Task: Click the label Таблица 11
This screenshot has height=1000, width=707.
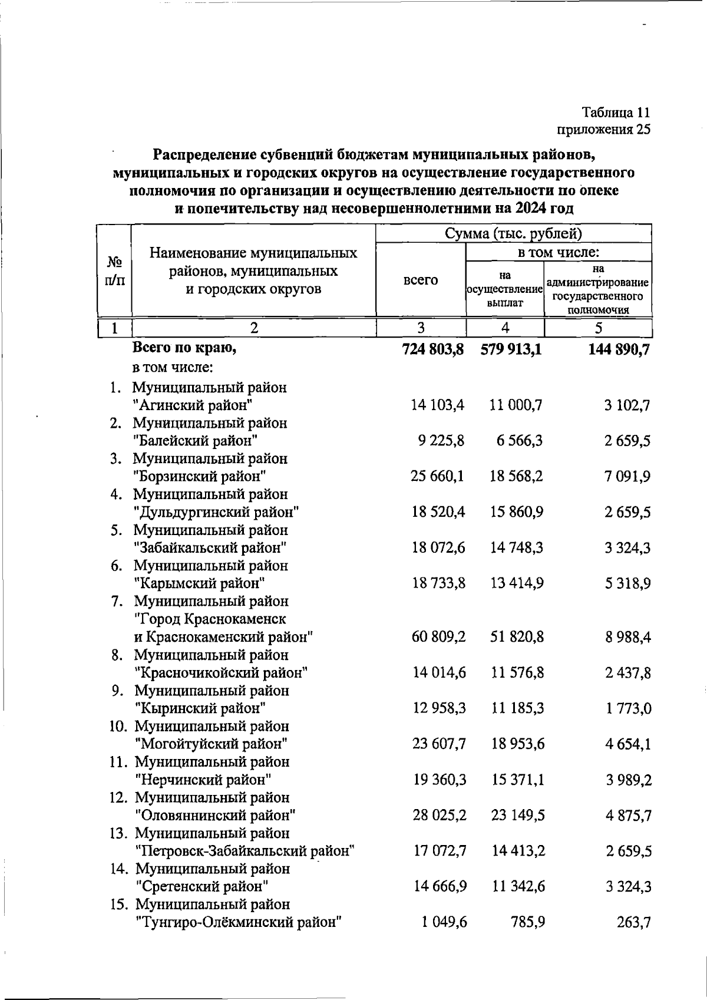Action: pyautogui.click(x=616, y=112)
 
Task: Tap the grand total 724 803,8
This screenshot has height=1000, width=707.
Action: pyautogui.click(x=433, y=349)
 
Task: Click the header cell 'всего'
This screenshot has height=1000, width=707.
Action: pyautogui.click(x=421, y=280)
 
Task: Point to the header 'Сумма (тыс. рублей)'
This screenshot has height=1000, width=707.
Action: pyautogui.click(x=513, y=233)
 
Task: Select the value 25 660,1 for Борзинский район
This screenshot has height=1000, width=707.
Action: pyautogui.click(x=438, y=476)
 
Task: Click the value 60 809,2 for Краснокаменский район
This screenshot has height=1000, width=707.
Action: pyautogui.click(x=439, y=637)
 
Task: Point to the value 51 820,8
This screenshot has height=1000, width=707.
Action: pyautogui.click(x=517, y=637)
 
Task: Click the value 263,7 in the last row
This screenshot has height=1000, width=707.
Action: pyautogui.click(x=634, y=922)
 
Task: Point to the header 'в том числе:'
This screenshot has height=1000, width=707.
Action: pyautogui.click(x=558, y=252)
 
